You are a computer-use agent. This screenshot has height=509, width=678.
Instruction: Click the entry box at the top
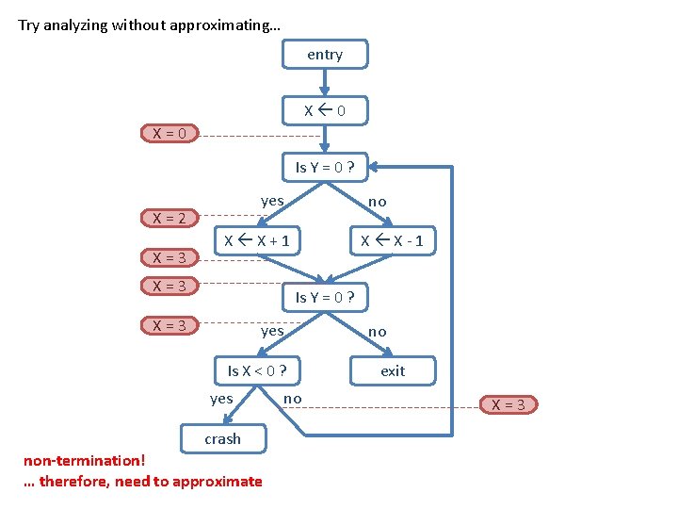pyautogui.click(x=325, y=55)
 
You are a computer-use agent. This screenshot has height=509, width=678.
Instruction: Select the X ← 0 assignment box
pyautogui.click(x=325, y=110)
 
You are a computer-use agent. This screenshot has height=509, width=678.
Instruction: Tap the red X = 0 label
pyautogui.click(x=169, y=133)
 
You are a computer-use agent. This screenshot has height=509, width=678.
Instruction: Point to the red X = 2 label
pyautogui.click(x=169, y=218)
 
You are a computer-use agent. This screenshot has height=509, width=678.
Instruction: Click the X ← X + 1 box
pyautogui.click(x=256, y=241)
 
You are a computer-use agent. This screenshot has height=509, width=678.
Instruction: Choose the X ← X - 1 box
pyautogui.click(x=393, y=241)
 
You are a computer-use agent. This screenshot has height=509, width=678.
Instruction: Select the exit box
pyautogui.click(x=393, y=370)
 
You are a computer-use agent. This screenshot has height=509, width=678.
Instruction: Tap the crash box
pyautogui.click(x=223, y=438)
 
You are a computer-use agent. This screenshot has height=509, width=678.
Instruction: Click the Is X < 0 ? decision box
pyautogui.click(x=257, y=370)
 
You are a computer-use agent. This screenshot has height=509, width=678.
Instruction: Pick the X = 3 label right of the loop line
pyautogui.click(x=509, y=404)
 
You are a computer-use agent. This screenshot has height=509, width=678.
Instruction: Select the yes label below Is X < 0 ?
pyautogui.click(x=221, y=399)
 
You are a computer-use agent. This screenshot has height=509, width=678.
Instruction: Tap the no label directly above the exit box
pyautogui.click(x=377, y=331)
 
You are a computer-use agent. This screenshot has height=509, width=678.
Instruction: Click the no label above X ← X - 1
pyautogui.click(x=377, y=201)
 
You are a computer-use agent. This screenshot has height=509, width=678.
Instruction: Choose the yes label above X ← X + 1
pyautogui.click(x=272, y=200)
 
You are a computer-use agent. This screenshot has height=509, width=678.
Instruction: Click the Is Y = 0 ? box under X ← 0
pyautogui.click(x=325, y=167)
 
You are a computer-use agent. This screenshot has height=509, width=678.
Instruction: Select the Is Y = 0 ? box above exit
pyautogui.click(x=325, y=297)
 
